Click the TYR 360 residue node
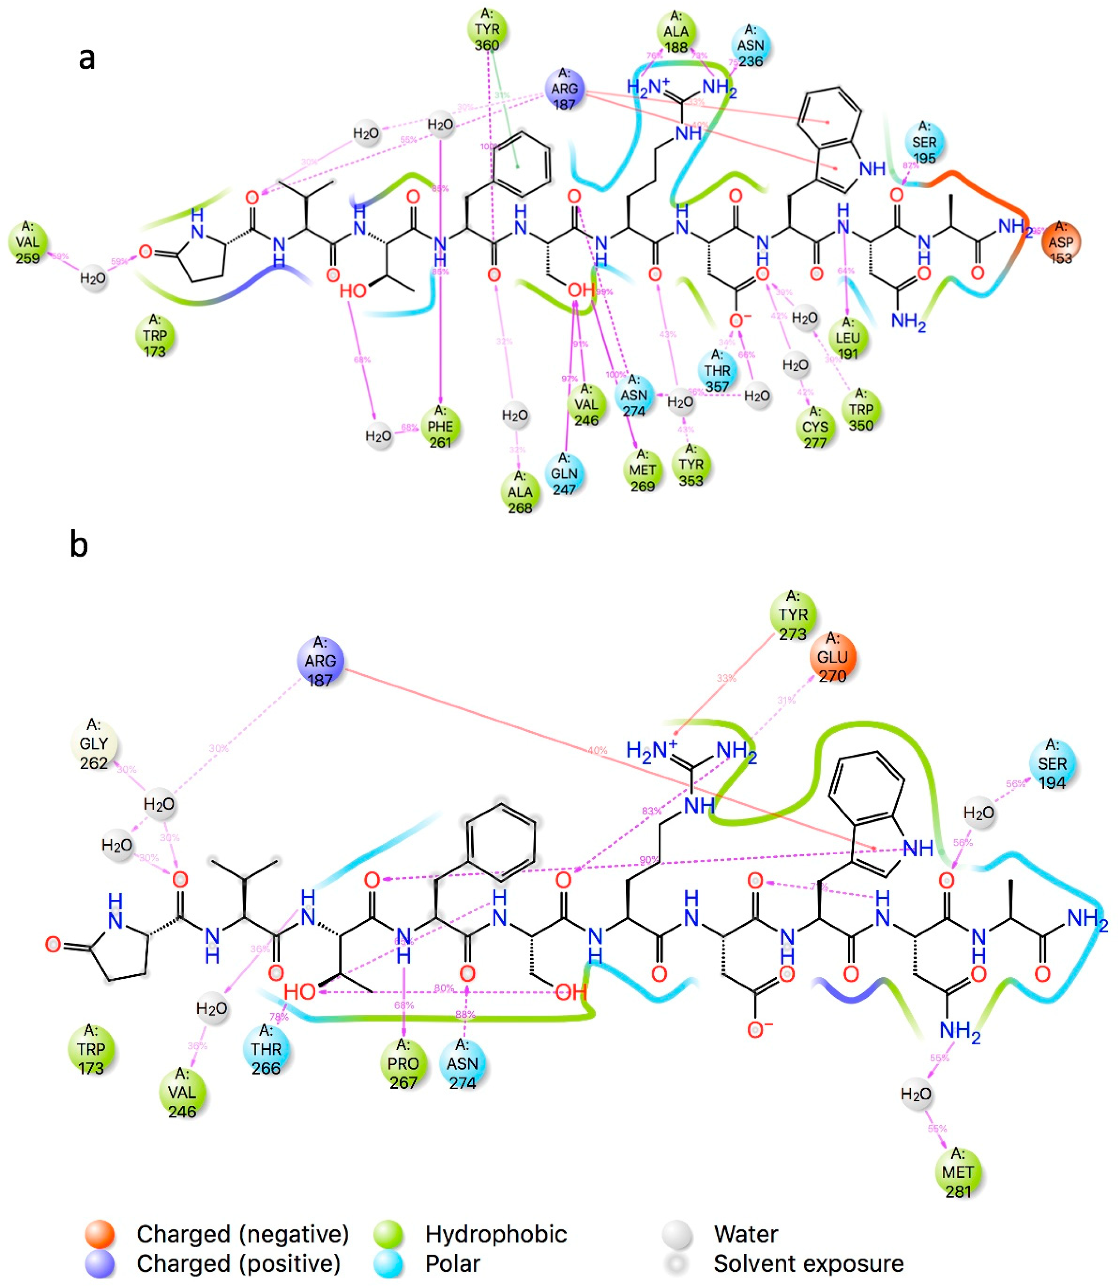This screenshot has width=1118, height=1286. tap(487, 29)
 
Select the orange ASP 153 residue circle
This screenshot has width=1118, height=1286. tap(1061, 242)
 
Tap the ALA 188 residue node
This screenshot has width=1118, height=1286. tap(676, 31)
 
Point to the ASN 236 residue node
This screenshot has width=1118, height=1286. tap(751, 45)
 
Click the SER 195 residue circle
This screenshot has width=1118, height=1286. tap(924, 142)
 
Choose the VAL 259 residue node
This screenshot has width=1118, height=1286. tap(28, 242)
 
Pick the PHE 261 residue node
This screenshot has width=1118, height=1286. tap(440, 426)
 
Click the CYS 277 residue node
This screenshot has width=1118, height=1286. tap(815, 427)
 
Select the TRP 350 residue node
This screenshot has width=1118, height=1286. tap(861, 410)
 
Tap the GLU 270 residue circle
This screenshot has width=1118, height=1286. tap(832, 657)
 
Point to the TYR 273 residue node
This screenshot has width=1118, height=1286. tap(793, 615)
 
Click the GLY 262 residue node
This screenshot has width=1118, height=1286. tap(94, 744)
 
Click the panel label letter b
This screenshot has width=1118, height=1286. tap(79, 544)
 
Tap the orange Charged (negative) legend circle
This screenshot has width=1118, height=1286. tap(100, 1234)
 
